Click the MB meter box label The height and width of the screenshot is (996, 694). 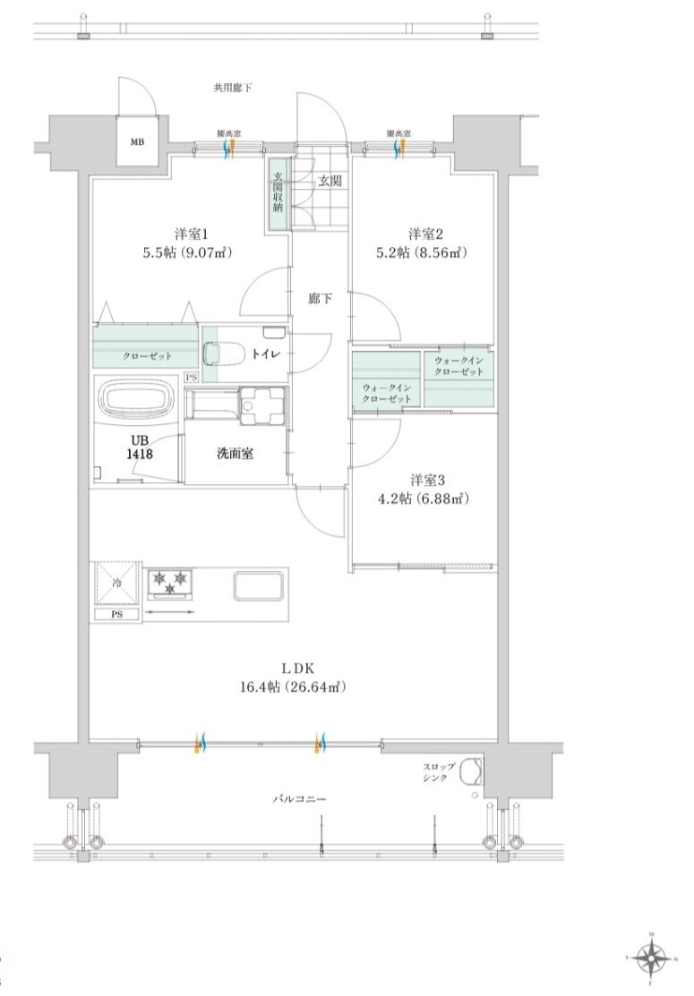pyautogui.click(x=138, y=141)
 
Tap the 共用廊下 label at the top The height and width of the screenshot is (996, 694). pyautogui.click(x=232, y=88)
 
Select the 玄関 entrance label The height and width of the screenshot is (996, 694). pyautogui.click(x=329, y=181)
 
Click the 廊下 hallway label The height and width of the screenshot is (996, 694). pyautogui.click(x=320, y=299)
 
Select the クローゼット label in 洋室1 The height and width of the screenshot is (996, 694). pyautogui.click(x=148, y=355)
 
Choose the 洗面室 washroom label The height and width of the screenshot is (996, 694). pyautogui.click(x=235, y=454)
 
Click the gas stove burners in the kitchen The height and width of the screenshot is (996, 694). pyautogui.click(x=170, y=583)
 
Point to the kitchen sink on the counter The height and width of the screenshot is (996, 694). pyautogui.click(x=260, y=586)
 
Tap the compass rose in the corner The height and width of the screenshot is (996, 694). pyautogui.click(x=652, y=959)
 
